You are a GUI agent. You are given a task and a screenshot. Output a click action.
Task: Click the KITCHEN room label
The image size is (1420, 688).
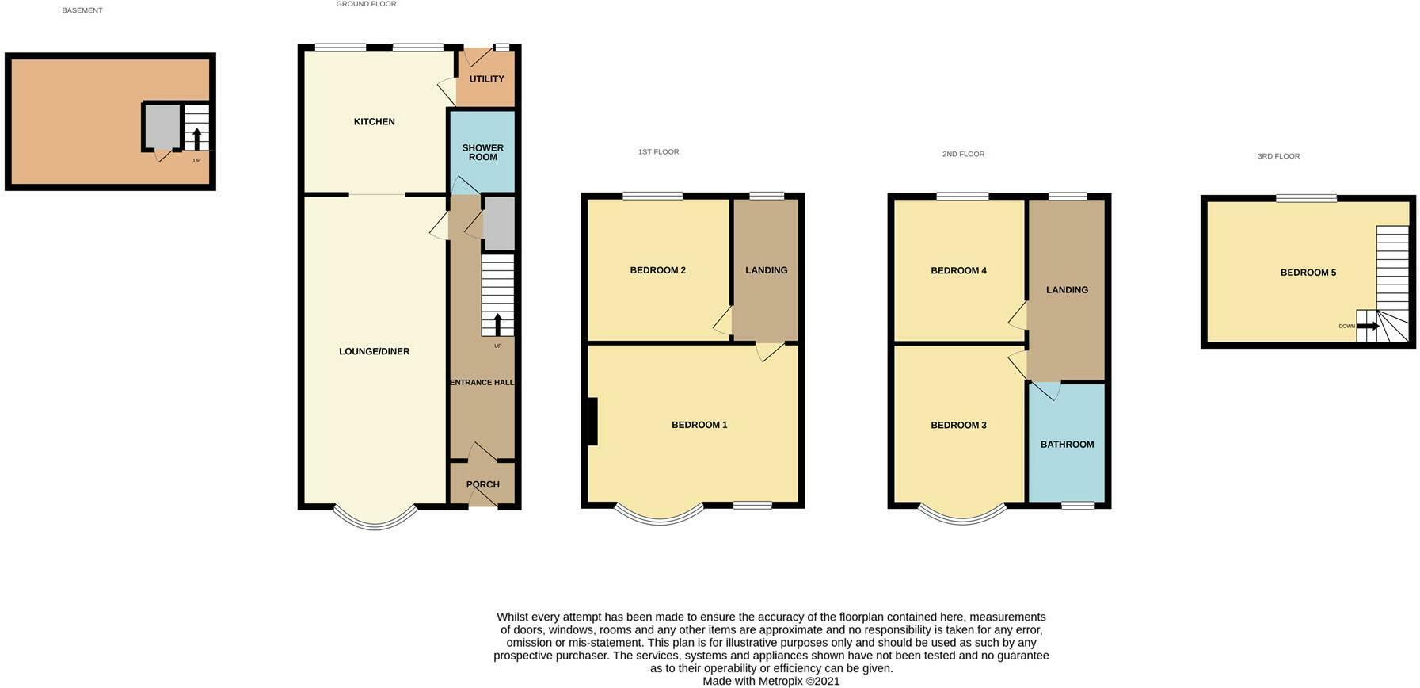[374, 121]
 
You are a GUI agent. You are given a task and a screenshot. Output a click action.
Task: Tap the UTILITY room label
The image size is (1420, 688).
[486, 79]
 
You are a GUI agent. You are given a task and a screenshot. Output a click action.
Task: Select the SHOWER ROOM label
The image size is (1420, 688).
[482, 152]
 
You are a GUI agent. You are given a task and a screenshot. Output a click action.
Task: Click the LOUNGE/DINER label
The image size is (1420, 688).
[374, 351]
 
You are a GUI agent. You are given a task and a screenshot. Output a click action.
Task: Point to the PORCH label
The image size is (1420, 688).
[482, 484]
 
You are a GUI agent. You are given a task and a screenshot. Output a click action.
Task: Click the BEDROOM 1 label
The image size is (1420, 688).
[699, 425]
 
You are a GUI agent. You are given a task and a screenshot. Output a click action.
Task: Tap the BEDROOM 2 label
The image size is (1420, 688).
[657, 270]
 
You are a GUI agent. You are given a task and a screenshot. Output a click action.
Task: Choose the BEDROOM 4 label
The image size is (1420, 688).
[958, 270]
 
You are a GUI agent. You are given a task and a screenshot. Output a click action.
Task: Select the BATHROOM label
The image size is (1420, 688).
[1067, 445]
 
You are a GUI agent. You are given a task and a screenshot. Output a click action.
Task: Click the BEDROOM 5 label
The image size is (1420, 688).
[1308, 273]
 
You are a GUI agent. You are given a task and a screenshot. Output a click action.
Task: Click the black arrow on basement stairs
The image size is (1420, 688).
[196, 139]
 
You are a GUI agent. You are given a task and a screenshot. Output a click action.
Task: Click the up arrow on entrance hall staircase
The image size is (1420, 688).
[497, 324]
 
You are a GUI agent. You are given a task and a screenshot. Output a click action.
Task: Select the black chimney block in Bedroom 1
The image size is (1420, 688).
[592, 421]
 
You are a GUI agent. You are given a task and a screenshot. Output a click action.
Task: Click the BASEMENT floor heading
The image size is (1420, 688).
[82, 10]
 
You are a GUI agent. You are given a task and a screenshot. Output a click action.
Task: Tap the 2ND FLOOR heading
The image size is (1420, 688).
[963, 154]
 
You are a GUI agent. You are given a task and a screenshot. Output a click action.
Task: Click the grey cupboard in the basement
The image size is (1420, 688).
[162, 126]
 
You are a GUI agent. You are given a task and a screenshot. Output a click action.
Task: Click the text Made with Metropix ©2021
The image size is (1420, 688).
[771, 681]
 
